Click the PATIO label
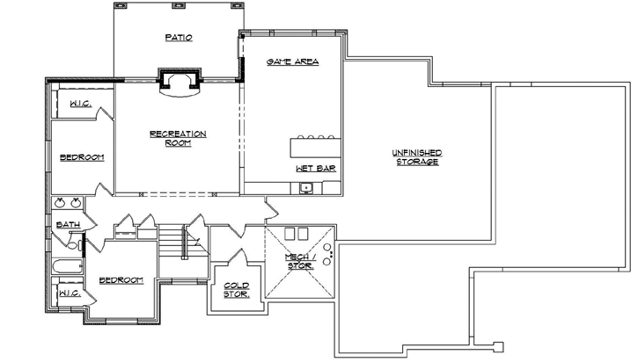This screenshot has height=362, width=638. pos(178,38)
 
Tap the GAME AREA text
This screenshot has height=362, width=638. pos(292,62)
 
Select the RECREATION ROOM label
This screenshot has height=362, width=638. pos(178,138)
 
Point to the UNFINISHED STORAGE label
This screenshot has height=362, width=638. pos(417,157)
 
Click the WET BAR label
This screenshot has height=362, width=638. pos(314,167)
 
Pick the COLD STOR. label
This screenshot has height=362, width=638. pos(236,289)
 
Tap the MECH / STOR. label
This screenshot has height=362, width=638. pos(300,260)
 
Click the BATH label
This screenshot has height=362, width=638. pos(69,225)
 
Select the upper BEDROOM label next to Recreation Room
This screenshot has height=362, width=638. pos(82,157)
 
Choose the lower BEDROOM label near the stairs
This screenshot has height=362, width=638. pos(121,279)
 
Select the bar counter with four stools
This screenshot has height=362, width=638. pos(314,146)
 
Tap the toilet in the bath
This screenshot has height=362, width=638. pos(78,244)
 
